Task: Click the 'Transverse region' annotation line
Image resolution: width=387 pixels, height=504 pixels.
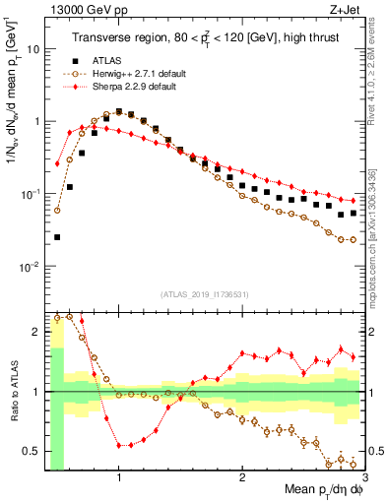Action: (204, 38)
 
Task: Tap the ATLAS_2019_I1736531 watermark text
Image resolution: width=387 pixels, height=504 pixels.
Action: (204, 294)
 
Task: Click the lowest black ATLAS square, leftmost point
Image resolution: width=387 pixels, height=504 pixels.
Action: (57, 237)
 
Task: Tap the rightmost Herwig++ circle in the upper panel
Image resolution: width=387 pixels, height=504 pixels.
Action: (354, 239)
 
